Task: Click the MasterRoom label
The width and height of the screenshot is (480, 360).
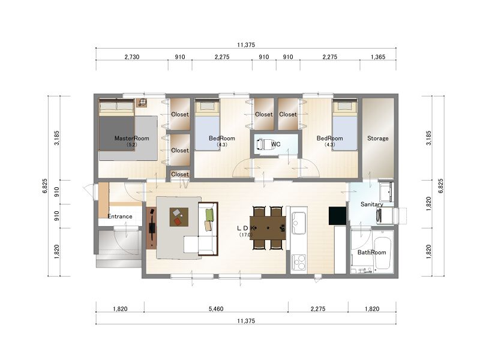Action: tap(131, 138)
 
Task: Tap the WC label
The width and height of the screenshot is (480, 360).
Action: tap(275, 144)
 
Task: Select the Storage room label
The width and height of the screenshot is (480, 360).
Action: tap(378, 139)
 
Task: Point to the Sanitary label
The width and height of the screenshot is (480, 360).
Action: tap(371, 204)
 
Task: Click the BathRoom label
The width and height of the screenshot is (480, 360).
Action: tap(371, 252)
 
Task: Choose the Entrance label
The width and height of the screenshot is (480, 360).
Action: tap(119, 217)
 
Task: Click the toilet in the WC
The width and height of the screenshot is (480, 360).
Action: tap(263, 145)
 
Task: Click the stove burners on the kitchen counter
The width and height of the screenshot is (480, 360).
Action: tap(298, 262)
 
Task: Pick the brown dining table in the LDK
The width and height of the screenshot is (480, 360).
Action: tap(268, 228)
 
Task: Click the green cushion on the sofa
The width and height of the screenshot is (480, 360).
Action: tap(209, 215)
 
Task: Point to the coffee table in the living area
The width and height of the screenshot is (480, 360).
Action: tap(179, 217)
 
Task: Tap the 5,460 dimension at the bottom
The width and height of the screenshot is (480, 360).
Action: tap(216, 309)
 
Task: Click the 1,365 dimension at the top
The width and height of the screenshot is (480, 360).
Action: tap(378, 57)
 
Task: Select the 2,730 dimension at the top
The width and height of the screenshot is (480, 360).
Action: tap(132, 57)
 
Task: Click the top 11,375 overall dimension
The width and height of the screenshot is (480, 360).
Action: tap(246, 45)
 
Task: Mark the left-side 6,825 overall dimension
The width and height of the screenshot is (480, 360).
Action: tap(45, 186)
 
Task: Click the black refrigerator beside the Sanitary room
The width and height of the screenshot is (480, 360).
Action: tap(337, 216)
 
